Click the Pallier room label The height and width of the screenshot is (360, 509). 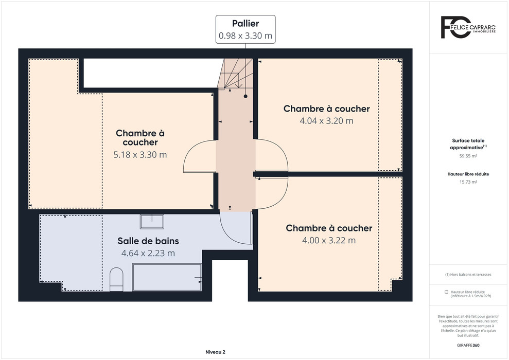tap(245, 24)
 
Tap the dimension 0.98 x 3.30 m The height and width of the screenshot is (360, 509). tap(245, 35)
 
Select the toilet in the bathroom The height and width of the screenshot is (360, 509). tap(116, 279)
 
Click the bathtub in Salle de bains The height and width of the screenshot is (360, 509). tap(167, 277)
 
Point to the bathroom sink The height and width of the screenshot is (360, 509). tap(152, 221)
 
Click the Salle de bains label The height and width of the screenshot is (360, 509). tap(148, 241)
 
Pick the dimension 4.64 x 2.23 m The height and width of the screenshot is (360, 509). tap(148, 253)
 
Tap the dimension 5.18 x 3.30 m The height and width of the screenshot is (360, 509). tap(140, 155)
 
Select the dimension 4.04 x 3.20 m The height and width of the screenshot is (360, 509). tap(327, 121)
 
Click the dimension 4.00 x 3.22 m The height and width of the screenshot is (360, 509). tap(329, 240)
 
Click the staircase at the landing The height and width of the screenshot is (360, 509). tap(235, 74)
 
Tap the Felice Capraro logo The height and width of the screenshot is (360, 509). tap(468, 27)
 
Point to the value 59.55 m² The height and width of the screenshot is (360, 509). tap(468, 156)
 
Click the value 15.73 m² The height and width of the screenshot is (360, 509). tap(468, 182)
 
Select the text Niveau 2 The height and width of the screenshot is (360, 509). tap(215, 352)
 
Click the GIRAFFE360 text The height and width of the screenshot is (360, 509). tap(468, 346)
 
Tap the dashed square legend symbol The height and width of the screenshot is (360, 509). tap(446, 292)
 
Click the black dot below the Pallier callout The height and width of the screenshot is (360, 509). tap(245, 96)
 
